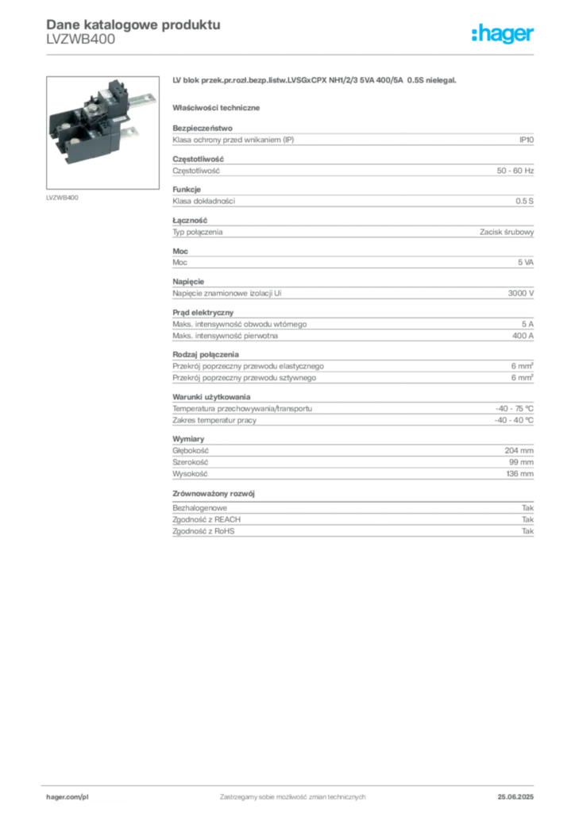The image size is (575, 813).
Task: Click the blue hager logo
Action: (x=503, y=35)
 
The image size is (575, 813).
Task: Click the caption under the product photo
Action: (x=62, y=197)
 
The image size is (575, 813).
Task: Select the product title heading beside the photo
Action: (x=314, y=81)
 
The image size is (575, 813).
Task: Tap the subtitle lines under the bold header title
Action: (x=79, y=44)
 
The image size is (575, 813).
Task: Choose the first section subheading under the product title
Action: (x=218, y=106)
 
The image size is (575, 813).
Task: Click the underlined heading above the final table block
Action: (x=217, y=494)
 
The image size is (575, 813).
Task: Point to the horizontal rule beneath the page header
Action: (x=291, y=54)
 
